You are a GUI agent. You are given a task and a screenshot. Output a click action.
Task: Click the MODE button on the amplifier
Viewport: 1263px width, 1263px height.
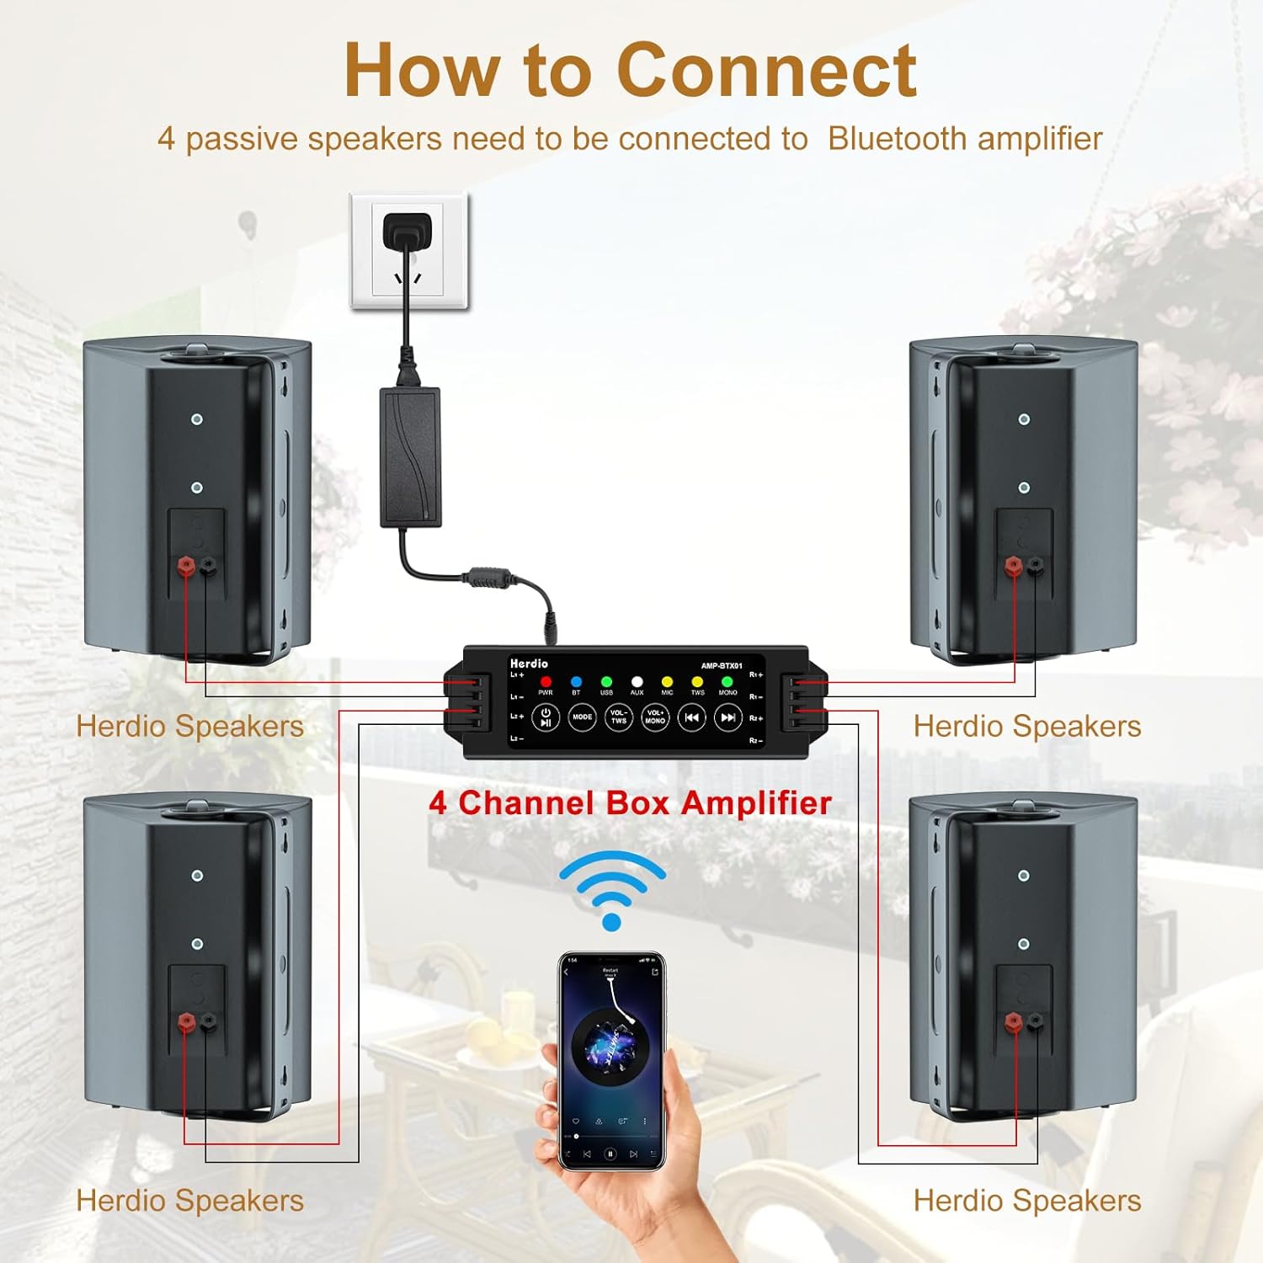pyautogui.click(x=582, y=717)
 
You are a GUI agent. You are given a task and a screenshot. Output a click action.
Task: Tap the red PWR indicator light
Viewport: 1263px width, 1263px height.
pyautogui.click(x=546, y=681)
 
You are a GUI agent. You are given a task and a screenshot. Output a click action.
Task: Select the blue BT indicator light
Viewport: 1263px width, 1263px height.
pyautogui.click(x=576, y=681)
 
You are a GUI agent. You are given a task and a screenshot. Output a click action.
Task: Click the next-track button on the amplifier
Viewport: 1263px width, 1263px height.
pyautogui.click(x=727, y=717)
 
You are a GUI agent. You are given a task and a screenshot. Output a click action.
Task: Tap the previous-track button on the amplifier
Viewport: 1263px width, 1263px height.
pyautogui.click(x=691, y=717)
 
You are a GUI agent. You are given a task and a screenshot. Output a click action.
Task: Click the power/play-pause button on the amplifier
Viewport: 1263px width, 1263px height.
pyautogui.click(x=546, y=717)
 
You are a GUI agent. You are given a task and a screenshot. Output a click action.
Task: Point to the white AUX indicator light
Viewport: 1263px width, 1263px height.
pyautogui.click(x=637, y=681)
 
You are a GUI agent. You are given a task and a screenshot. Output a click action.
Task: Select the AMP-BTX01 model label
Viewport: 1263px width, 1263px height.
pyautogui.click(x=722, y=666)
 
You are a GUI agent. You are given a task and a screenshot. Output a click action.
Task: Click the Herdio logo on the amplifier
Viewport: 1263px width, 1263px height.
pyautogui.click(x=529, y=663)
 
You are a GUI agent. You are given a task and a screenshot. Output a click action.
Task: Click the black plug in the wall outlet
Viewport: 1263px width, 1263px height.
pyautogui.click(x=408, y=232)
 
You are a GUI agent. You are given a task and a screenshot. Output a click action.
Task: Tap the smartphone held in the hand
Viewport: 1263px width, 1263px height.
pyautogui.click(x=612, y=1061)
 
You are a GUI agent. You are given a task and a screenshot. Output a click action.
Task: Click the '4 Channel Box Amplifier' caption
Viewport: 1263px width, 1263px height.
pyautogui.click(x=630, y=802)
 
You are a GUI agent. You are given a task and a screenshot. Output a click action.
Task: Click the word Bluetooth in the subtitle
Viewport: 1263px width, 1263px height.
pyautogui.click(x=898, y=139)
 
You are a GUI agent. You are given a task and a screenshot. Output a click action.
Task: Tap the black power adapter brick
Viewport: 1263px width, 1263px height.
pyautogui.click(x=410, y=456)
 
